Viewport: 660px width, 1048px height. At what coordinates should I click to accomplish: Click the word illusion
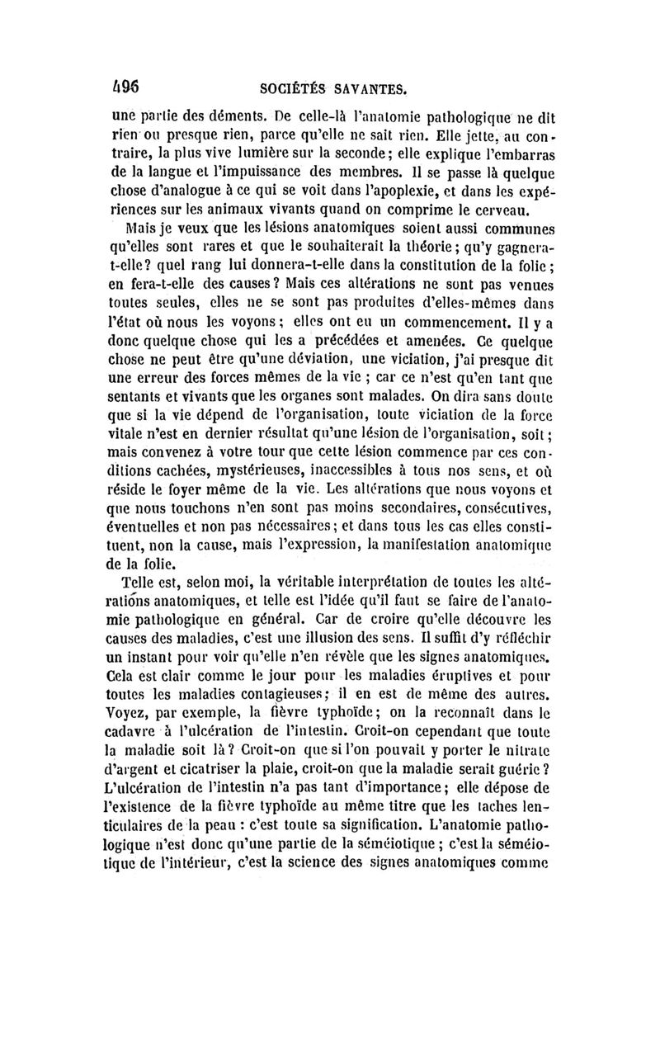click(350, 640)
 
